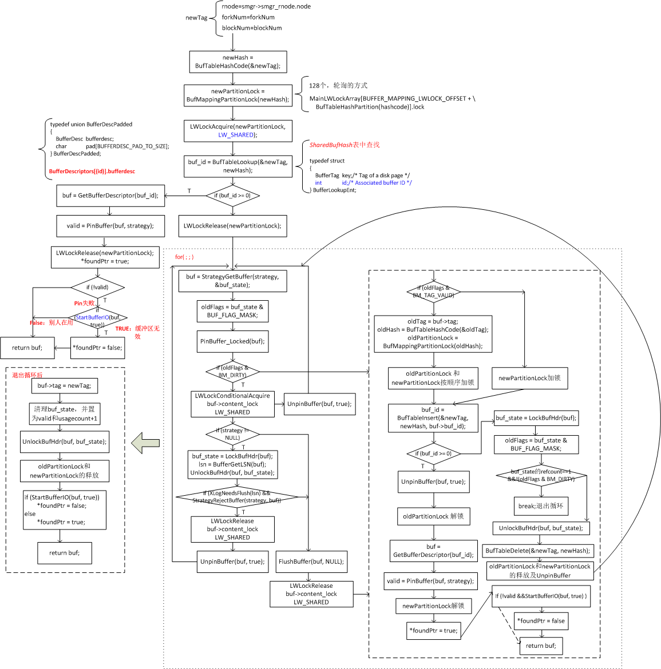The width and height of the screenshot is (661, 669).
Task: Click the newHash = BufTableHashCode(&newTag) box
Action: [x=238, y=62]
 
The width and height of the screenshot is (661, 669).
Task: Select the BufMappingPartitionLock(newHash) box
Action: [x=238, y=95]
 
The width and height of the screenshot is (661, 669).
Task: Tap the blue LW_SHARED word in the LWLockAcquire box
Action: [x=235, y=135]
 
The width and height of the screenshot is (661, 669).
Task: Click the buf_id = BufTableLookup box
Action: [x=238, y=166]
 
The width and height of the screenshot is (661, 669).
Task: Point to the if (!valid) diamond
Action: [x=97, y=287]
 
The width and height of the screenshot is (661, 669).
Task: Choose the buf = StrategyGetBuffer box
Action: [x=232, y=281]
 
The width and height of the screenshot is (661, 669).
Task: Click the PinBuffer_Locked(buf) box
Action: [x=232, y=341]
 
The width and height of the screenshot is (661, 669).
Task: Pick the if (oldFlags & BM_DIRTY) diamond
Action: [x=232, y=372]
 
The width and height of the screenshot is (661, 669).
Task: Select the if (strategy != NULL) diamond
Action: [x=232, y=434]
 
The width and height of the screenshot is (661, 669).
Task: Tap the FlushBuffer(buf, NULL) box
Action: [x=311, y=562]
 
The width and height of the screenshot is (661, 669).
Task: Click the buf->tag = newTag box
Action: [x=64, y=386]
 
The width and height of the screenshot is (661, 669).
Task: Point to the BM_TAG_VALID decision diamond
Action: [x=433, y=292]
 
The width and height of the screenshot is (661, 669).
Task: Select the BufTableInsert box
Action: [x=433, y=418]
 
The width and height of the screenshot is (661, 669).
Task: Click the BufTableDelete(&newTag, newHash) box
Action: [x=537, y=551]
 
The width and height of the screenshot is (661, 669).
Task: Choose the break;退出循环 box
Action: [x=541, y=506]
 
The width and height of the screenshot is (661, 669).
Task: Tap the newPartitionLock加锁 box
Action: [x=529, y=378]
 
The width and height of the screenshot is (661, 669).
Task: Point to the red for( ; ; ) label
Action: [x=184, y=257]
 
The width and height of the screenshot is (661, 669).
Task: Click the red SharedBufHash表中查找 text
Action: [x=345, y=145]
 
